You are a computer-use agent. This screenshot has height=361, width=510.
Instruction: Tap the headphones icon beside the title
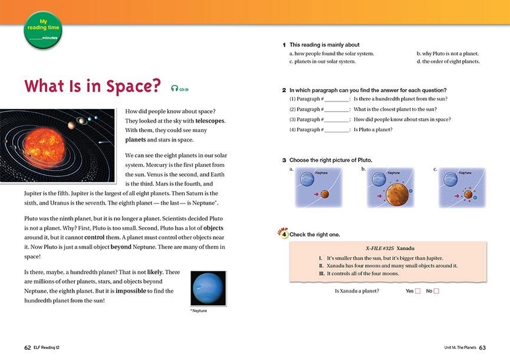175,88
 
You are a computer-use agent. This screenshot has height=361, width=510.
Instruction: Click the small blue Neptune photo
208,288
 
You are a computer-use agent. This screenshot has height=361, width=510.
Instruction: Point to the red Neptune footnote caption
199,311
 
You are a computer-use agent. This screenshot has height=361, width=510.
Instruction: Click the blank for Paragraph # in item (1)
337,99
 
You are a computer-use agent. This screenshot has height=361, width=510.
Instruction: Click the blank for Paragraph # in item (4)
337,129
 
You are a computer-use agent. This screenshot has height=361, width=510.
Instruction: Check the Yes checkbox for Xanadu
417,291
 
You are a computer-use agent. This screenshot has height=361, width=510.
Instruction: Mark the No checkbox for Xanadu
437,291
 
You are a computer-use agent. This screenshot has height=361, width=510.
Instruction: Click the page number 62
28,347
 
